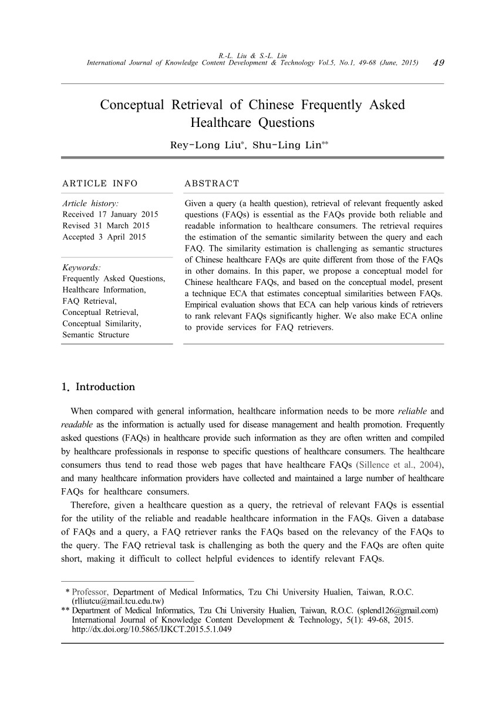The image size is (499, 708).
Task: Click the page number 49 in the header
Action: pyautogui.click(x=437, y=63)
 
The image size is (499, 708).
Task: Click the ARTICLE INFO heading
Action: pyautogui.click(x=100, y=184)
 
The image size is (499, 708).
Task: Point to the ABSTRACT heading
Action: pyautogui.click(x=212, y=184)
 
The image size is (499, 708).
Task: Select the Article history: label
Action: pyautogui.click(x=91, y=203)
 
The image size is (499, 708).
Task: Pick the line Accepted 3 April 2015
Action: pyautogui.click(x=104, y=237)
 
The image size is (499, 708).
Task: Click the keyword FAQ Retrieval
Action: pyautogui.click(x=90, y=301)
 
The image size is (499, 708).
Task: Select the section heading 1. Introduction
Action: pyautogui.click(x=98, y=387)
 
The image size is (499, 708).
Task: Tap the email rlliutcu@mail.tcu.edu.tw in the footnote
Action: pyautogui.click(x=117, y=602)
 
